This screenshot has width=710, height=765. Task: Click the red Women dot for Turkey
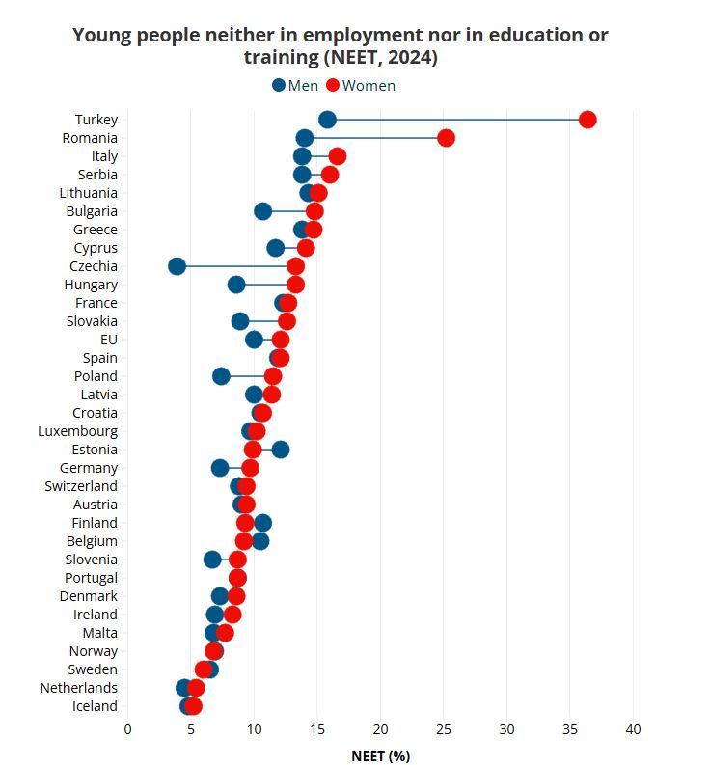(587, 120)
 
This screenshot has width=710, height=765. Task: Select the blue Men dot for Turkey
(327, 120)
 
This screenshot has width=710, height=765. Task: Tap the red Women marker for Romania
(446, 138)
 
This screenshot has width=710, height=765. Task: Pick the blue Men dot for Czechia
(177, 266)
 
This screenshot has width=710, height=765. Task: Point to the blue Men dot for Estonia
(281, 450)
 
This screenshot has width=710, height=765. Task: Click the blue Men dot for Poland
(221, 376)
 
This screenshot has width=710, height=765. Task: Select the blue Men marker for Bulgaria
(262, 211)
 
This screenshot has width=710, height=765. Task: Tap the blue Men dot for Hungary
(236, 285)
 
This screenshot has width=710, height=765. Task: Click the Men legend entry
(295, 85)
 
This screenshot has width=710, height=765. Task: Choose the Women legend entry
(362, 85)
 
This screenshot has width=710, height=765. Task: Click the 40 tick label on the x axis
(634, 729)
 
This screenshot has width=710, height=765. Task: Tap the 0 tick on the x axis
(127, 729)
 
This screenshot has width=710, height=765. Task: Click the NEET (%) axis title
(381, 755)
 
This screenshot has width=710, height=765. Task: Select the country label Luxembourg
(78, 431)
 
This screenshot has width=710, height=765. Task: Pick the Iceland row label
(94, 706)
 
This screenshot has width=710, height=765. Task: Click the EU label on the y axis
(108, 340)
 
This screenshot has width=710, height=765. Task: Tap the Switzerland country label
(81, 486)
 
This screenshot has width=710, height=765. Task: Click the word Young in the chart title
(102, 36)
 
